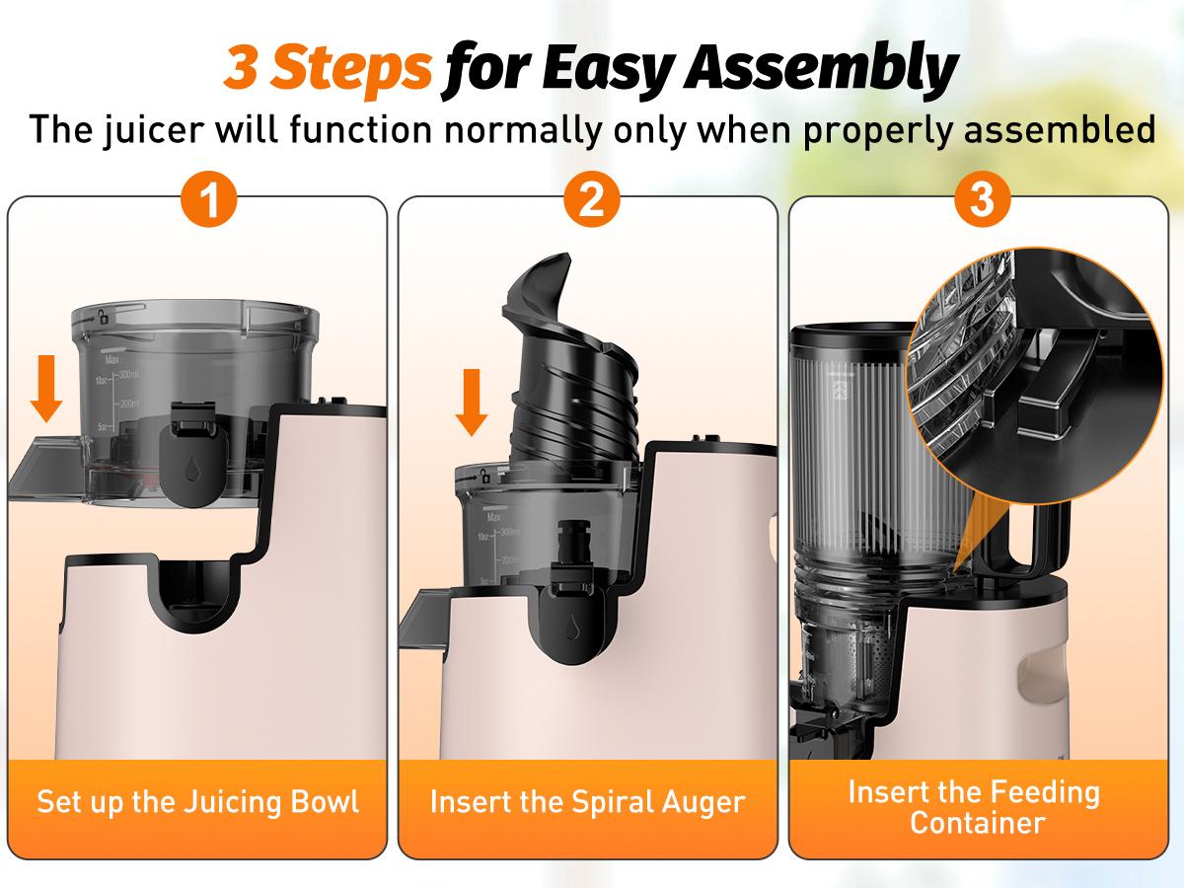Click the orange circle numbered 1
(208, 201)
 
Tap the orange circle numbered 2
(591, 201)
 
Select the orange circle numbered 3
(982, 201)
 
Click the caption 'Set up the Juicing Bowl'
(197, 800)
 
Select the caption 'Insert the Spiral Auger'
(587, 800)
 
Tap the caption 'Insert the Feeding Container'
(974, 806)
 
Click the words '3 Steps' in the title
(327, 68)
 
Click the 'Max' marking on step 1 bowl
(112, 361)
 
